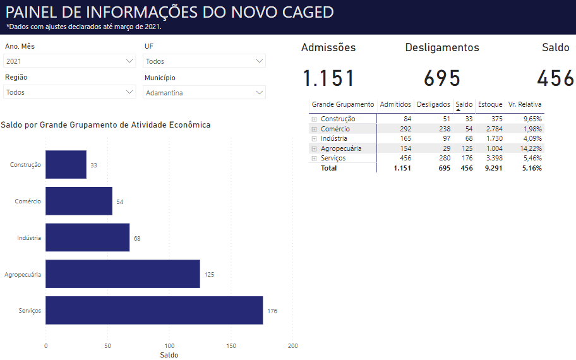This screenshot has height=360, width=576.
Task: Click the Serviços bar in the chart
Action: click(154, 310)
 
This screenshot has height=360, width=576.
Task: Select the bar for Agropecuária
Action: click(123, 274)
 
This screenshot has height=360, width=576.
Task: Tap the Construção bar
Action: click(66, 164)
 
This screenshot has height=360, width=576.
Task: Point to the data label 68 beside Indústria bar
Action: click(137, 238)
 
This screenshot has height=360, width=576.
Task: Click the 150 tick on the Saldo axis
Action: click(231, 345)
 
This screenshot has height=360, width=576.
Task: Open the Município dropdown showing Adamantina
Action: click(205, 92)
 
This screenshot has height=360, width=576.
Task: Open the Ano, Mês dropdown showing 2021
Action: click(69, 61)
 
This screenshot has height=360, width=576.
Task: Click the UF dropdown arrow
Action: click(259, 61)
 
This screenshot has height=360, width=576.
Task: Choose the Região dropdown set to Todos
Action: click(69, 92)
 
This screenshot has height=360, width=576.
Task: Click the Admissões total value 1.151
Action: click(328, 78)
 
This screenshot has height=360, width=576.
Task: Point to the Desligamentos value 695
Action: click(442, 78)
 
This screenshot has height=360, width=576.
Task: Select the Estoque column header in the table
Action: click(490, 104)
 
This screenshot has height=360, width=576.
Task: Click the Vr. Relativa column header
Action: click(525, 104)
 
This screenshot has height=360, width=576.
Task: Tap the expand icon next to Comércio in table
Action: click(313, 129)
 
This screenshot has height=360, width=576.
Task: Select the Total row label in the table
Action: click(328, 168)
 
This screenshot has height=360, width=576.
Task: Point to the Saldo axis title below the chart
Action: click(169, 355)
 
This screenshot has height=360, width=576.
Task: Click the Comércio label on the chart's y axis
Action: click(28, 201)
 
